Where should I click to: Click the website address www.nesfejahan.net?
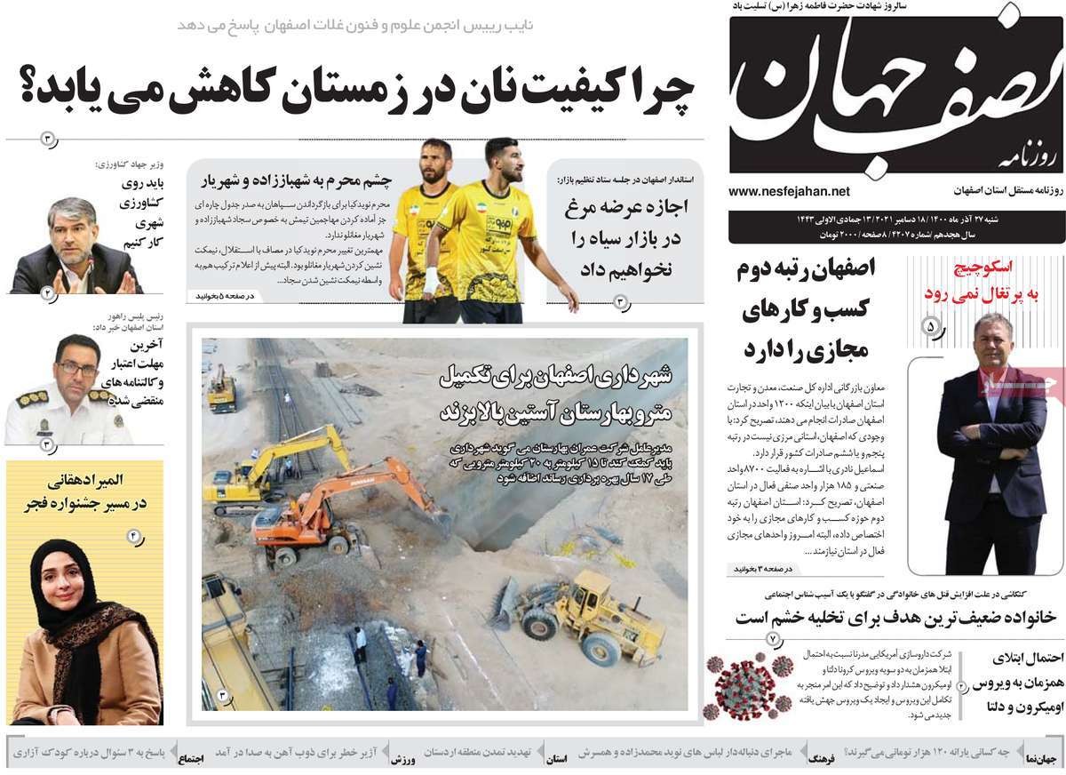(x=789, y=191)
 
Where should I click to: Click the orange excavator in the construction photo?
(x=338, y=507)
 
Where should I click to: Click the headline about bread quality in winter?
(x=355, y=92)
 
